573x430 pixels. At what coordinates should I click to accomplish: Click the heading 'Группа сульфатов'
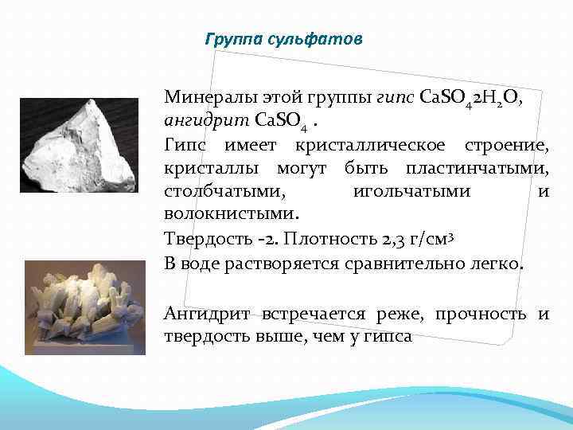click(x=283, y=39)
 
